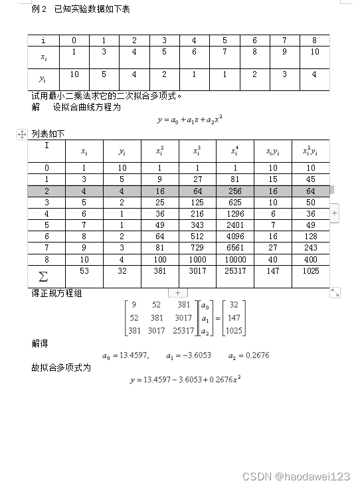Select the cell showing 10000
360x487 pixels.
tap(236, 259)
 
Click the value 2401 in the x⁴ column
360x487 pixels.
tap(236, 225)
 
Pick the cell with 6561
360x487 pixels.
tap(236, 248)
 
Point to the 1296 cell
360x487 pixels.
tap(236, 213)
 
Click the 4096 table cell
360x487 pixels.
tap(236, 236)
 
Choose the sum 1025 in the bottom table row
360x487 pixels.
tap(310, 271)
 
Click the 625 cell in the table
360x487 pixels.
tap(236, 201)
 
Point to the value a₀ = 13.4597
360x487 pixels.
tap(126, 355)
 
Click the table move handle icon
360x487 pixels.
tap(21, 134)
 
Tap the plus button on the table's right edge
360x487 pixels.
tap(334, 213)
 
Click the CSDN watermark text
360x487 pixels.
tap(296, 476)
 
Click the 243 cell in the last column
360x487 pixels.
tap(310, 248)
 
